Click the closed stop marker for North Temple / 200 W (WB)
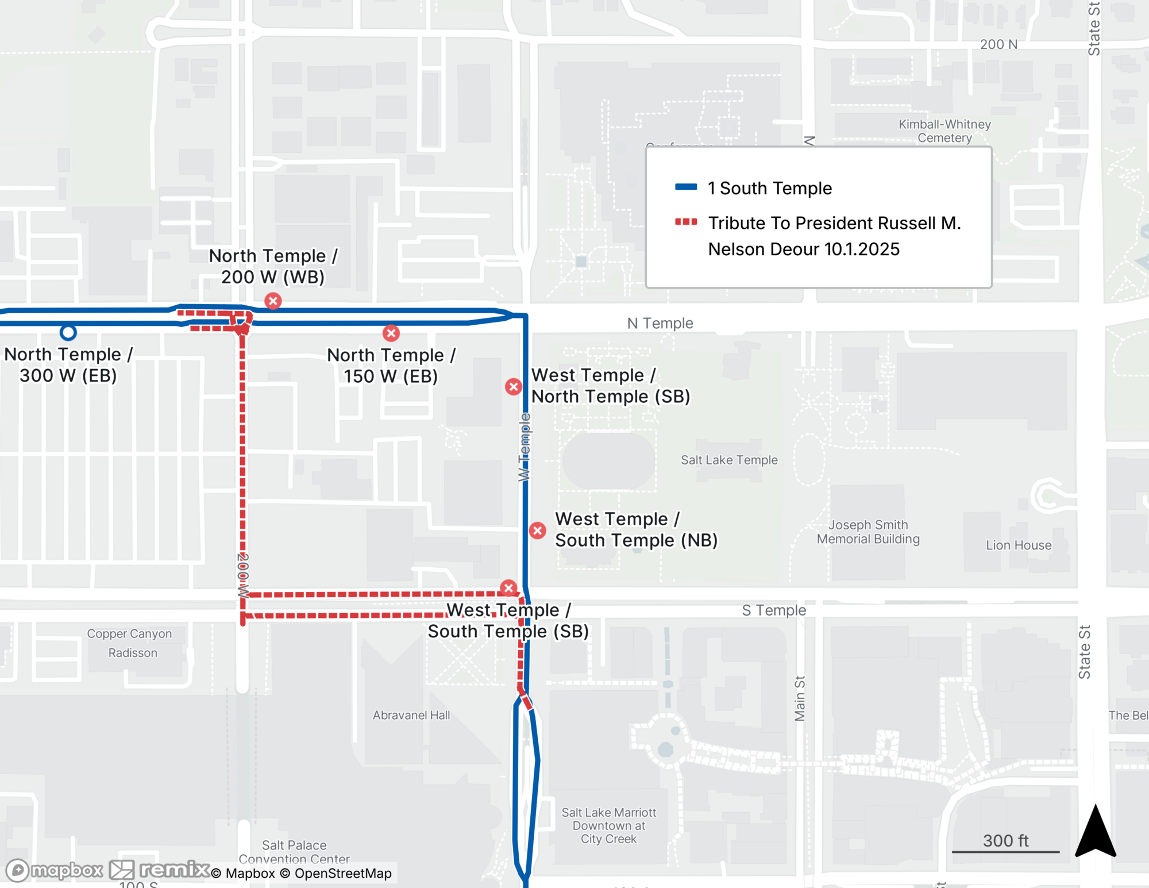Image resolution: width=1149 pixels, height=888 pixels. click(x=273, y=301)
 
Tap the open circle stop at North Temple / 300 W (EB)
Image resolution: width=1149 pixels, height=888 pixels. click(x=68, y=332)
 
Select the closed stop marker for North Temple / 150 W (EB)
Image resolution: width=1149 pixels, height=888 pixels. click(x=391, y=333)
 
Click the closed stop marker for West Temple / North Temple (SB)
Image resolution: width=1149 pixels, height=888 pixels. click(x=514, y=386)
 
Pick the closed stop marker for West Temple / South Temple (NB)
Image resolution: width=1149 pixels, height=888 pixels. click(x=538, y=531)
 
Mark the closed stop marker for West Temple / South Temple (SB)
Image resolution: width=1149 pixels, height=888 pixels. click(x=508, y=588)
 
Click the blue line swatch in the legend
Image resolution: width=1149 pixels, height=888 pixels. click(x=685, y=187)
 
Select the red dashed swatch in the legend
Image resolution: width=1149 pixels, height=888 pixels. click(x=685, y=222)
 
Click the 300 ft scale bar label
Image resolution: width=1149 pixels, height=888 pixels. click(x=1005, y=840)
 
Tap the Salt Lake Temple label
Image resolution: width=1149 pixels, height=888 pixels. click(x=729, y=460)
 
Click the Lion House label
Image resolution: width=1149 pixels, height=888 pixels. click(x=1019, y=545)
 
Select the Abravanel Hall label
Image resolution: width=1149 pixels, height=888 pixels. click(x=411, y=715)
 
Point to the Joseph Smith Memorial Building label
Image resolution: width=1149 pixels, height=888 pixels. click(x=868, y=532)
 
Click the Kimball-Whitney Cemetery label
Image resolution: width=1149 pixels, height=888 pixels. click(x=944, y=131)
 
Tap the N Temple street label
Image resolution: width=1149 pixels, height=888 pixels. click(x=660, y=323)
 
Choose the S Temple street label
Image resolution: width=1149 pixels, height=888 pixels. click(x=774, y=610)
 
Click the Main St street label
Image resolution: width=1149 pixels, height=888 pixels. click(x=800, y=698)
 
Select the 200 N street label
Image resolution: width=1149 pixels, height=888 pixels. click(x=998, y=44)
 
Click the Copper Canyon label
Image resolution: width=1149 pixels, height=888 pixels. click(x=129, y=633)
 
